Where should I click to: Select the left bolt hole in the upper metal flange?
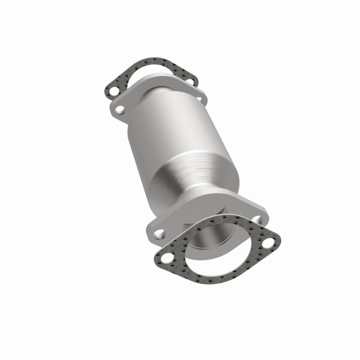coord(120,108)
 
